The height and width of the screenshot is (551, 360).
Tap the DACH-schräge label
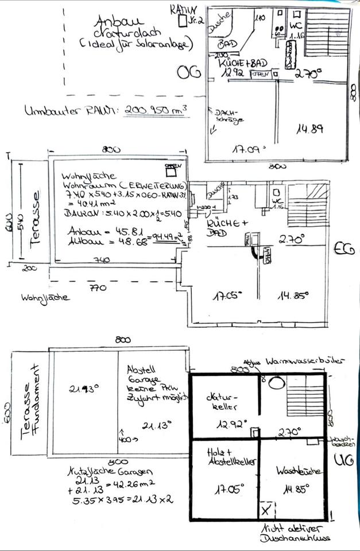227,117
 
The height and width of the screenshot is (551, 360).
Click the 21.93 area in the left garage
85,388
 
